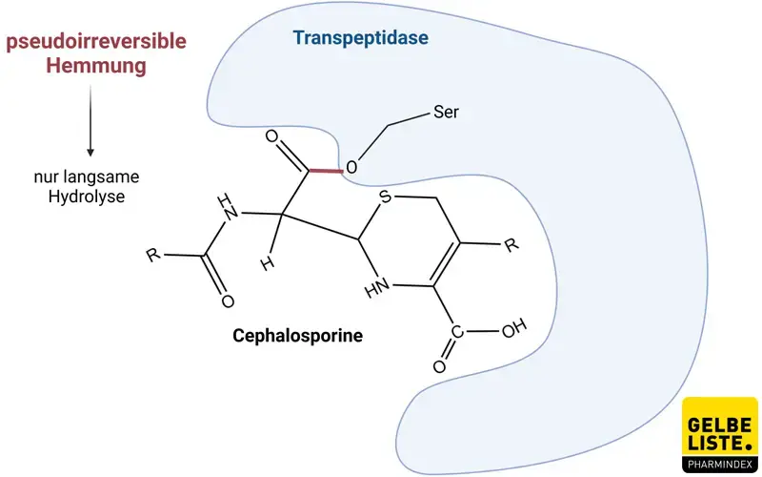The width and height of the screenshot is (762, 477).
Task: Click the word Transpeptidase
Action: point(360,39)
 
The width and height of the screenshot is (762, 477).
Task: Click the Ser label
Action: point(446,113)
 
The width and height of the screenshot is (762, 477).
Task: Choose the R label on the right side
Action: point(511,245)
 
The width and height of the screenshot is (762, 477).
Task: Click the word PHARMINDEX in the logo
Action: point(721,465)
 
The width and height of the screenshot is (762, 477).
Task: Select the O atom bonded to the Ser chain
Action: point(351,169)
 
